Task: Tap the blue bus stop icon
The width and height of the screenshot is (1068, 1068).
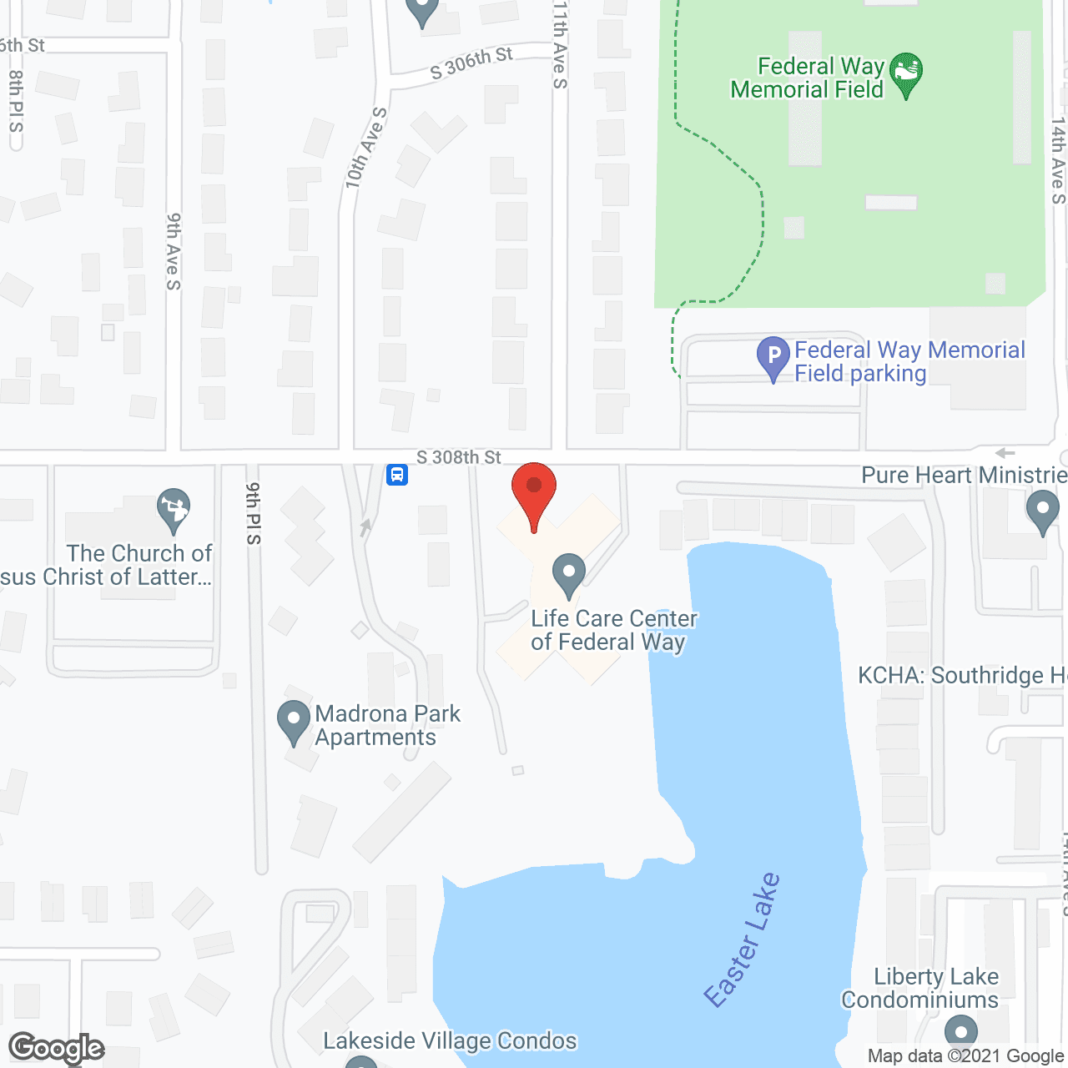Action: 397,476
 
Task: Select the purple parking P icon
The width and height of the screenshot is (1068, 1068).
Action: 773,357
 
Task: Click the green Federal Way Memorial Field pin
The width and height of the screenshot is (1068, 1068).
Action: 906,73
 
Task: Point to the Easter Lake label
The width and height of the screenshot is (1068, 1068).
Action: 742,940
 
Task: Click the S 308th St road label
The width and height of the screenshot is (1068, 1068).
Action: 459,457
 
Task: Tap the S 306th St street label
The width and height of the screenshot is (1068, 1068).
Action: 471,63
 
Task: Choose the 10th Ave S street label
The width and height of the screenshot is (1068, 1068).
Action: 365,148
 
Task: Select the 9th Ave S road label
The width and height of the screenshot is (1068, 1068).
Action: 173,251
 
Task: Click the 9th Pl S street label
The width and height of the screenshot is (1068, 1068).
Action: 254,513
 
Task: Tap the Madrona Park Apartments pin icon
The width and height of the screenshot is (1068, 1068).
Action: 294,722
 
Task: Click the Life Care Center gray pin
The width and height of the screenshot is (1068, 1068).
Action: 569,576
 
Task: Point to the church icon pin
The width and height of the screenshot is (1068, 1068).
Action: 174,509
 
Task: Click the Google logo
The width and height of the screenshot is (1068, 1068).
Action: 57,1048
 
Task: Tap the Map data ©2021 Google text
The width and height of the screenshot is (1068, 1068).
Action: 965,1056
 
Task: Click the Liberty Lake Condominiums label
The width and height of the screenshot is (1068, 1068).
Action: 920,988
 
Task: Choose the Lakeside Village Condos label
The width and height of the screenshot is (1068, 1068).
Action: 450,1040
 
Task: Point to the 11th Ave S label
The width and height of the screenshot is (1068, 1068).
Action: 560,45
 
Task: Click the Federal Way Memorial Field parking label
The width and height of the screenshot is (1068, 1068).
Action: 909,361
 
